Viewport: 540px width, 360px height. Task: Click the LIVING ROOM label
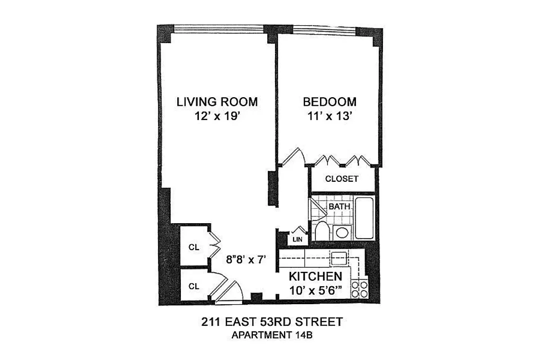tap(217, 102)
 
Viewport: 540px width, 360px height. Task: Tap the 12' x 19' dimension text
tap(217, 117)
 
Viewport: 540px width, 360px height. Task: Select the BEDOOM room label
tap(329, 102)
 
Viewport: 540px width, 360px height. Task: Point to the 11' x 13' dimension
tap(329, 117)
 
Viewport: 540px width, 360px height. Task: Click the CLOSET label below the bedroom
tap(342, 179)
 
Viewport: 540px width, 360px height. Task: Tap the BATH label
tap(339, 207)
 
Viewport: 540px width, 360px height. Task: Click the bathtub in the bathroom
tap(364, 218)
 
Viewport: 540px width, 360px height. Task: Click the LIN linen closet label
tap(297, 239)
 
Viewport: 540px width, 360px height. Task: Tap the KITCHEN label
tap(315, 276)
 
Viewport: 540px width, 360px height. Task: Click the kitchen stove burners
tap(360, 289)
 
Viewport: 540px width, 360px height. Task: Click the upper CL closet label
tap(194, 247)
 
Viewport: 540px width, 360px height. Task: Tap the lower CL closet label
tap(194, 286)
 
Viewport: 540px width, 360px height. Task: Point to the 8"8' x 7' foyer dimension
tap(247, 259)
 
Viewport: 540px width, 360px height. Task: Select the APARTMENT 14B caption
tap(271, 335)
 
